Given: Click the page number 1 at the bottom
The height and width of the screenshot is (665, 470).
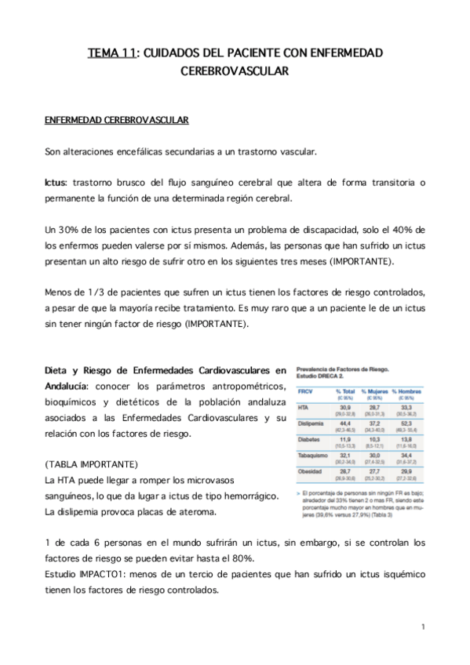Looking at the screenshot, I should (422, 627).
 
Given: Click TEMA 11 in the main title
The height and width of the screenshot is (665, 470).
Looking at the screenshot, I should (111, 53).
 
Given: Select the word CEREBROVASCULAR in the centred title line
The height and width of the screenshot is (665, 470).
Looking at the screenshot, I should (235, 70).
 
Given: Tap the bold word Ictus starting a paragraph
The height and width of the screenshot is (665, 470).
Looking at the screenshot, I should (55, 183).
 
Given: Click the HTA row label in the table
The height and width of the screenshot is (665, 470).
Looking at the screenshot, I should (304, 408).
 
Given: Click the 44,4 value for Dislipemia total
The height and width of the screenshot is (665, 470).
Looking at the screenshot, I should (344, 423).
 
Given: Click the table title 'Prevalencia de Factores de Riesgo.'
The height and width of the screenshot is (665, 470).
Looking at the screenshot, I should (341, 369).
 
